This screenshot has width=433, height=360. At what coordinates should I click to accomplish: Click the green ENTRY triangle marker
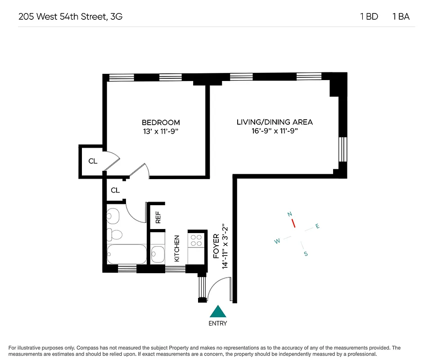(218, 311)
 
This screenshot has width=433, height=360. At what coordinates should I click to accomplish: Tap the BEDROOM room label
(161, 122)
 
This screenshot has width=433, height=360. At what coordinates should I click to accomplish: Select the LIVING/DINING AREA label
(275, 122)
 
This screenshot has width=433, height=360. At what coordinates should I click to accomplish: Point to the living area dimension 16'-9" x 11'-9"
(275, 131)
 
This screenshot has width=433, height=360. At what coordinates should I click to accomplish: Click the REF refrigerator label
(158, 218)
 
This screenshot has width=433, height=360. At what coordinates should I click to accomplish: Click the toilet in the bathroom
(115, 234)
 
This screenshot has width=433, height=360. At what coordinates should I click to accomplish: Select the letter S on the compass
(306, 254)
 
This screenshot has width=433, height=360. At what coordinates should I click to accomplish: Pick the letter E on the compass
(317, 226)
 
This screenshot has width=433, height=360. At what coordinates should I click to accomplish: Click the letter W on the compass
(277, 241)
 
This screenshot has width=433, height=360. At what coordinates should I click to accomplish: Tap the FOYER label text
(216, 246)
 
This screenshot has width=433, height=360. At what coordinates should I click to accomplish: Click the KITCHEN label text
(177, 249)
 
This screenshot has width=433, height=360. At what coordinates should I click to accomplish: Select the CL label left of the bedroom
(93, 161)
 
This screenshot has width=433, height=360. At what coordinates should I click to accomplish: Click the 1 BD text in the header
(369, 17)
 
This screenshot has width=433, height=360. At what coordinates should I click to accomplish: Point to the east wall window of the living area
(343, 149)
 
